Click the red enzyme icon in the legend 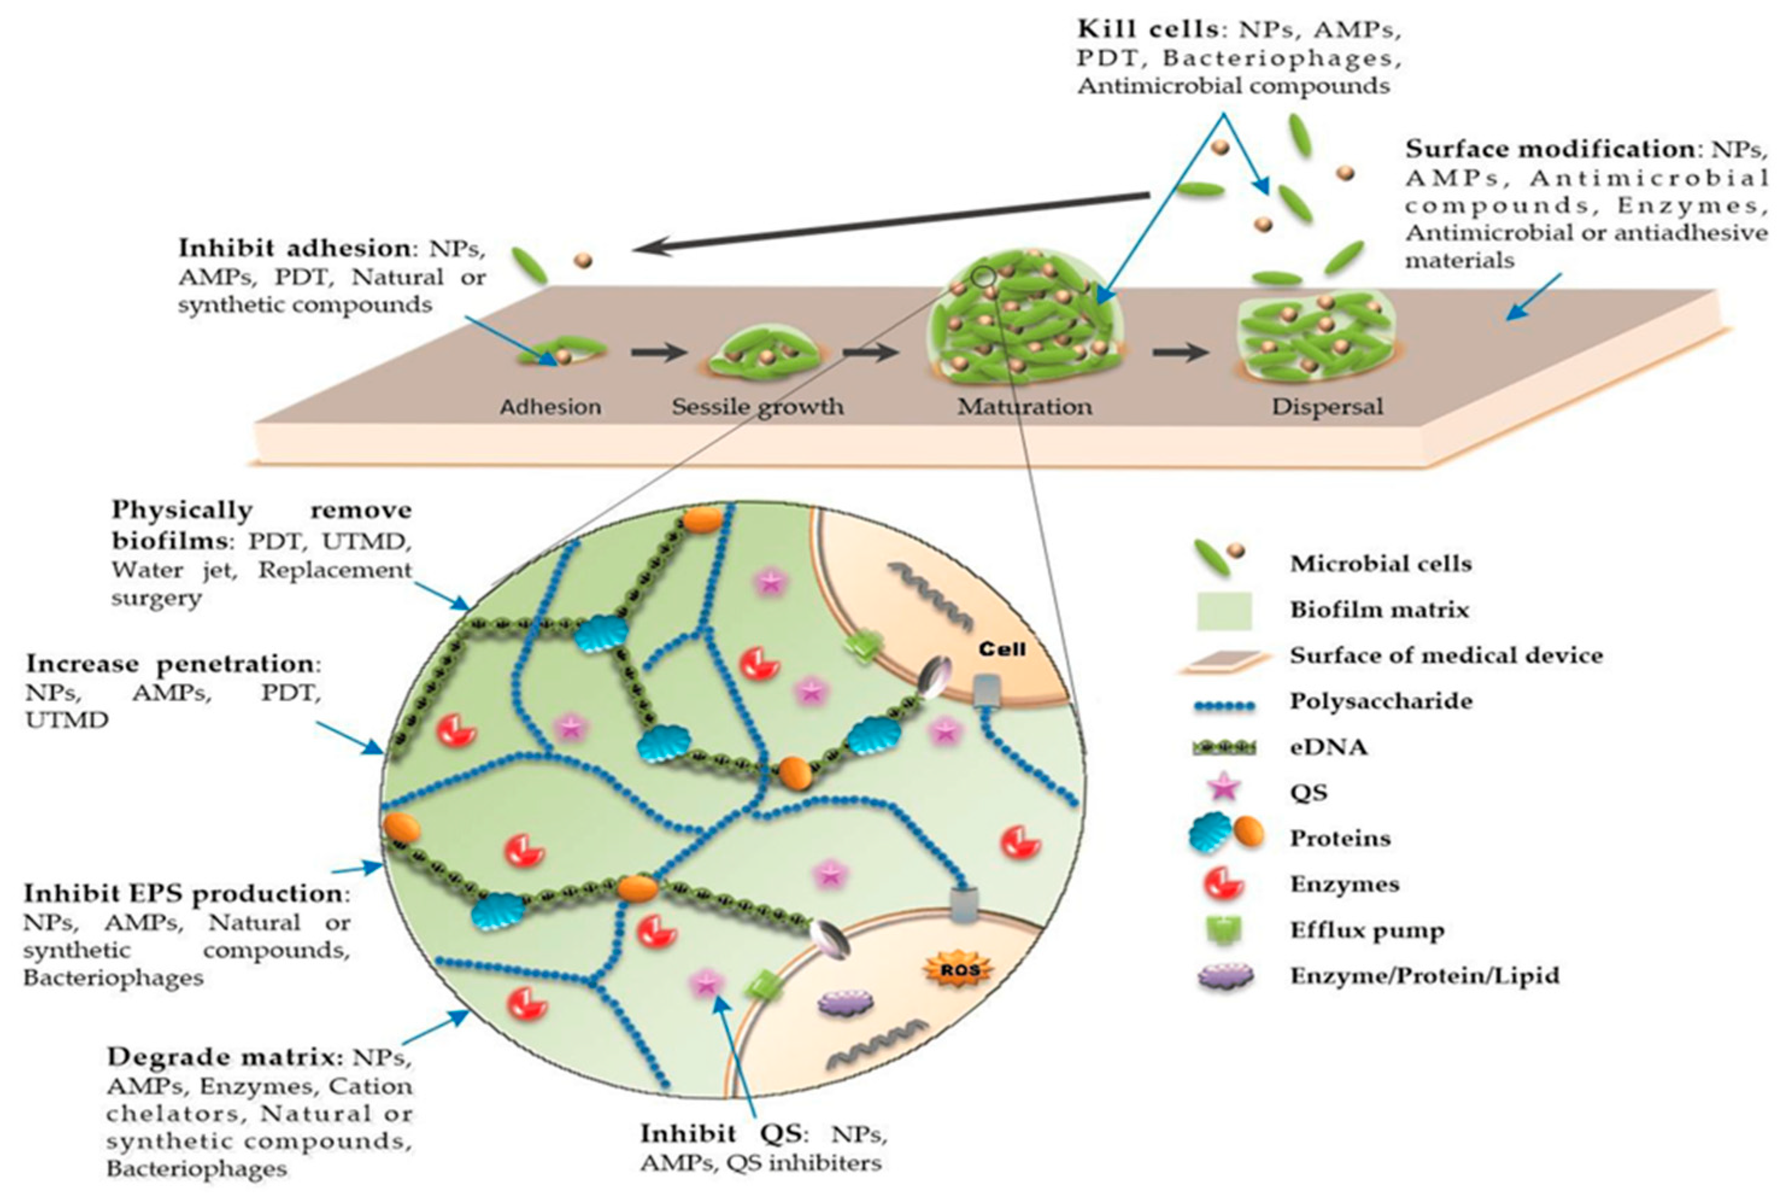pyautogui.click(x=1225, y=884)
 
